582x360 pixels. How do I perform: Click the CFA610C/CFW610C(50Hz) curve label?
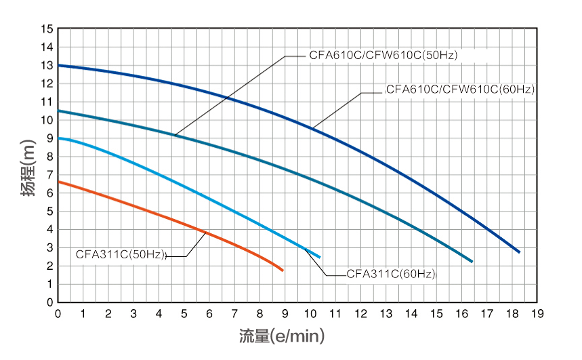coord(383,56)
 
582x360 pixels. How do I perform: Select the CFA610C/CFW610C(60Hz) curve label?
coord(460,89)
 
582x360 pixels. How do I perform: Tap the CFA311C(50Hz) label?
coord(121,256)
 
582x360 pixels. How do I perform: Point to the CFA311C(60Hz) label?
coord(391,275)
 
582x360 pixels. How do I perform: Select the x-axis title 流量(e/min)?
coord(282,335)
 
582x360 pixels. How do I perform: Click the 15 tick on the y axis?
coord(47,30)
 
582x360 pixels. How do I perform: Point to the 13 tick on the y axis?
coord(47,66)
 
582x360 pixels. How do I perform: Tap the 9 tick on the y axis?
coord(47,138)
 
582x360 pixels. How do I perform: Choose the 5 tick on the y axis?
coord(47,212)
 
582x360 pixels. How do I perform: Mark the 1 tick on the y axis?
coord(47,284)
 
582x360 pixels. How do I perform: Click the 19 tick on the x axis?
coord(538,314)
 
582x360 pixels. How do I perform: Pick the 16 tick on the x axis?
coord(462,314)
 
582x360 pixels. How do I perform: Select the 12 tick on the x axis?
coord(361,314)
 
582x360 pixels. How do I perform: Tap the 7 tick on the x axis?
coord(235,314)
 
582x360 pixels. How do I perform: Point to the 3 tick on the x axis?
coord(134,314)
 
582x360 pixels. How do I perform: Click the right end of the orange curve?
coord(283,271)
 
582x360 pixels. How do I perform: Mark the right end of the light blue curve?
coord(320,257)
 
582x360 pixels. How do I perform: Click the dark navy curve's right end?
coord(520,252)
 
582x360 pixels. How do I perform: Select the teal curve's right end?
coord(472,262)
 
